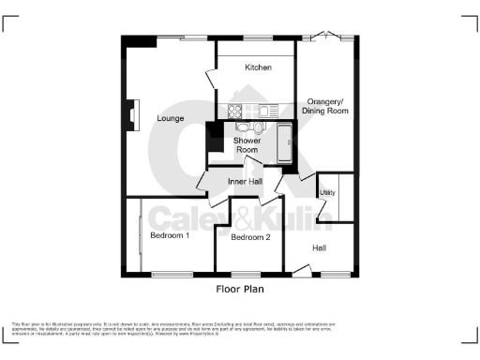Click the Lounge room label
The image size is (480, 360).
[170, 118]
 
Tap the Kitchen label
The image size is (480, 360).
[258, 68]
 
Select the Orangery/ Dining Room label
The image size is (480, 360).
[327, 106]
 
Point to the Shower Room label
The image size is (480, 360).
[247, 145]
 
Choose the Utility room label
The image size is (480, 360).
[327, 192]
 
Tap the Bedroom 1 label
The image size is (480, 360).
[170, 235]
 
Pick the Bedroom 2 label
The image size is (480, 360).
[250, 238]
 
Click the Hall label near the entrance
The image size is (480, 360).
[320, 248]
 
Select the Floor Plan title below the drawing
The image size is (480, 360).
[240, 290]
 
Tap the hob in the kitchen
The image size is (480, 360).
[232, 111]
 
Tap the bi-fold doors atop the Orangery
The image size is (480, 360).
[325, 37]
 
